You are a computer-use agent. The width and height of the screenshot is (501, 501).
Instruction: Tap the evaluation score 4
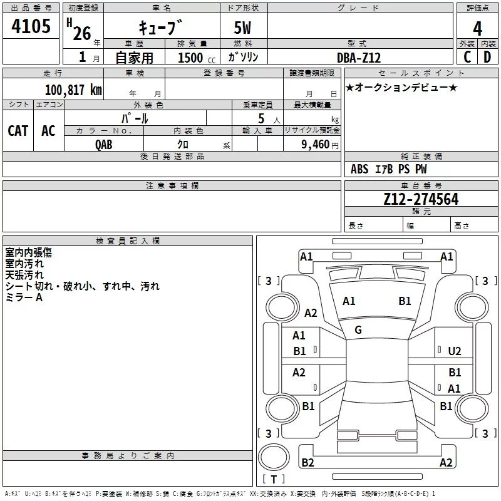click(478, 29)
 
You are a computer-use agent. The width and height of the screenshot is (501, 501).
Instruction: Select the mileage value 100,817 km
click(73, 90)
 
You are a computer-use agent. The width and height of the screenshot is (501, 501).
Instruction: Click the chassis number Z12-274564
click(421, 199)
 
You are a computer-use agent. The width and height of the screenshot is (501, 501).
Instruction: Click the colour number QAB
click(104, 144)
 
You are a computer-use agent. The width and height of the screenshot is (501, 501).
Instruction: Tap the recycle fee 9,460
click(316, 144)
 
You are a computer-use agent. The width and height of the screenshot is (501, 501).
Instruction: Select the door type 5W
click(244, 29)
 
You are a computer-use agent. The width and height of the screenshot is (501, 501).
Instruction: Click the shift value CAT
click(18, 130)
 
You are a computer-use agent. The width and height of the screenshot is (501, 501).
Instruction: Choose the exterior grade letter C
click(467, 58)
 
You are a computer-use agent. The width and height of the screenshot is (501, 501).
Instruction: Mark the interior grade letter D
click(487, 58)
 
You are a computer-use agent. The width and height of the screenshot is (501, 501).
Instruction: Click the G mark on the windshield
click(358, 330)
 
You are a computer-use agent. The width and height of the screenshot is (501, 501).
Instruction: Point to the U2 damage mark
click(455, 351)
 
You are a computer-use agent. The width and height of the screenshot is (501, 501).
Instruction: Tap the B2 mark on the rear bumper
click(307, 462)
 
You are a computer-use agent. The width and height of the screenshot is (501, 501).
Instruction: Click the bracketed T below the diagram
click(274, 480)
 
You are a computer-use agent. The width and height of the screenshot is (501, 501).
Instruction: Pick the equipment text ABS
click(359, 169)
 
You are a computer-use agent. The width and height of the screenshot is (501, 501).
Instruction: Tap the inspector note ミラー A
click(24, 297)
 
